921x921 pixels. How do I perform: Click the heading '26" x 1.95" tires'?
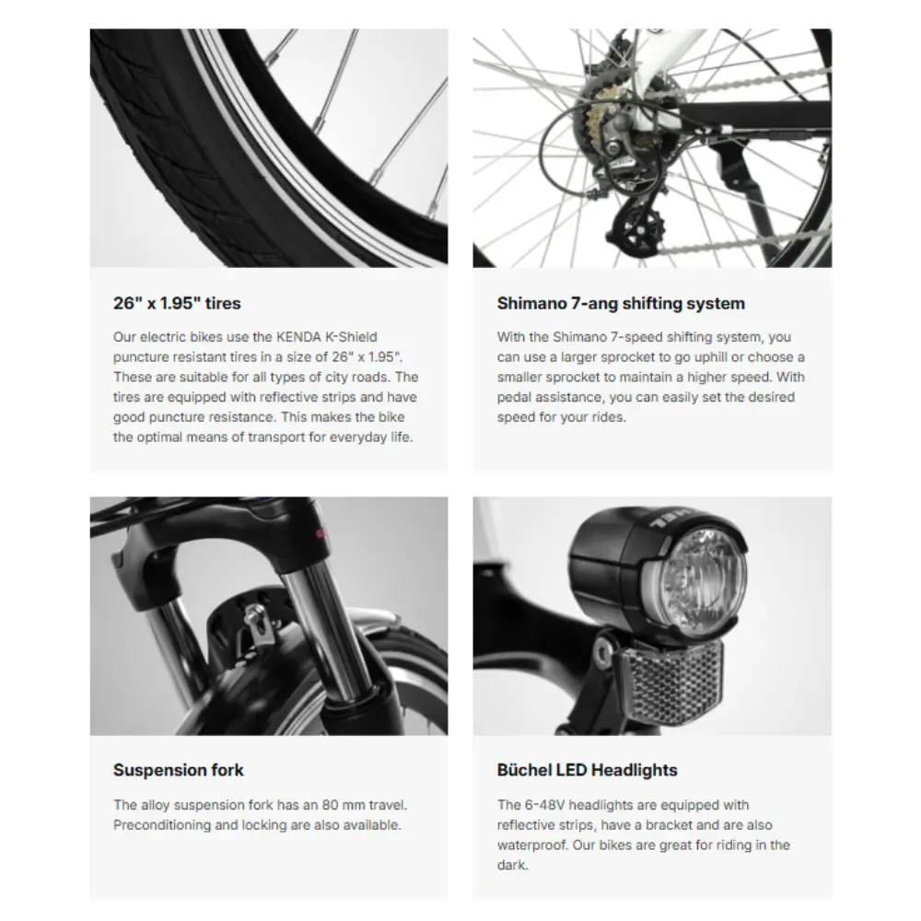pyautogui.click(x=177, y=303)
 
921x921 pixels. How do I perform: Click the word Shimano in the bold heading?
pyautogui.click(x=531, y=303)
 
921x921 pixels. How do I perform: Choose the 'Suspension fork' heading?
pyautogui.click(x=178, y=770)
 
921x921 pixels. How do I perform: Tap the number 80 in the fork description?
pyautogui.click(x=331, y=805)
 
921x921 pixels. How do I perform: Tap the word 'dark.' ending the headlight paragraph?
pyautogui.click(x=512, y=865)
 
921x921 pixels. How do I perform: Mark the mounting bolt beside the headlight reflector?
pyautogui.click(x=602, y=648)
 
